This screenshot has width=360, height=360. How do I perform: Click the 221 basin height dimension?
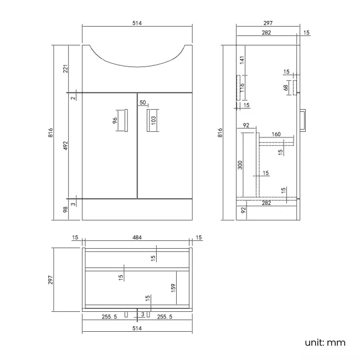65,69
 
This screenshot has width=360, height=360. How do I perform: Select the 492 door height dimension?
65,146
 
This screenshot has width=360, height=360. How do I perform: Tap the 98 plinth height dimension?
65,209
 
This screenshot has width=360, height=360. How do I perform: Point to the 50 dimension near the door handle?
142,102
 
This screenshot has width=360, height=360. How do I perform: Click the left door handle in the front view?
127,121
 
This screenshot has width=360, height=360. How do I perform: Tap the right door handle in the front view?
148,121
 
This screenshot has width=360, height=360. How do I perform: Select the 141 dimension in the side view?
242,60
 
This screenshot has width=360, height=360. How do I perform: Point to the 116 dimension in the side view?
242,88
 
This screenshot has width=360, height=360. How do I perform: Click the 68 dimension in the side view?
286,88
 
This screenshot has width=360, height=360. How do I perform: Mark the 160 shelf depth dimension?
276,133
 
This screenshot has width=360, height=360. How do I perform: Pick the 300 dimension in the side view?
240,166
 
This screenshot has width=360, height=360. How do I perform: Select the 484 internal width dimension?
137,238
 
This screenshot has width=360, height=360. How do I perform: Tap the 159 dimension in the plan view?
173,288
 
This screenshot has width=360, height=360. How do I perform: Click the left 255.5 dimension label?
109,317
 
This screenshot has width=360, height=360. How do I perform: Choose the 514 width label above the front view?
137,23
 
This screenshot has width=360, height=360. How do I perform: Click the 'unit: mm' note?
325,343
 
